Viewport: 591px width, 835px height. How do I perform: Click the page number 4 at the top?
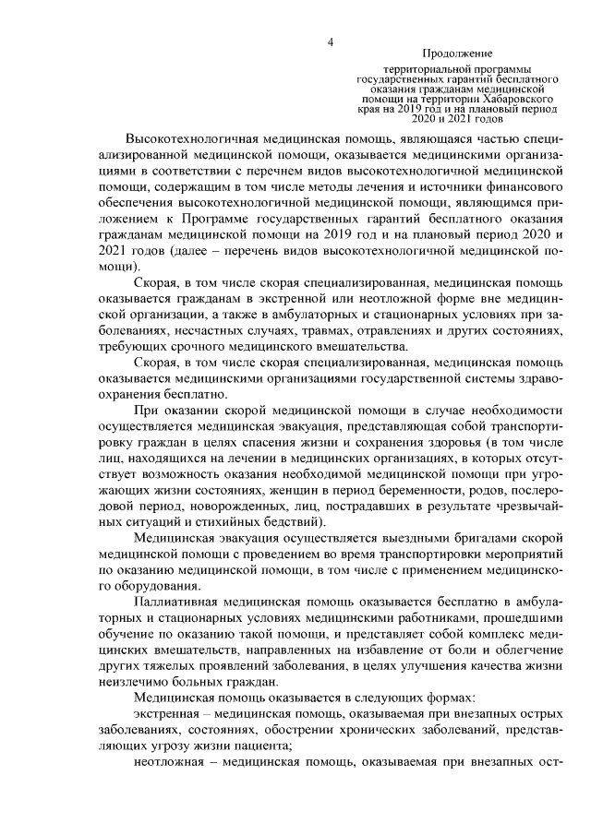330,41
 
